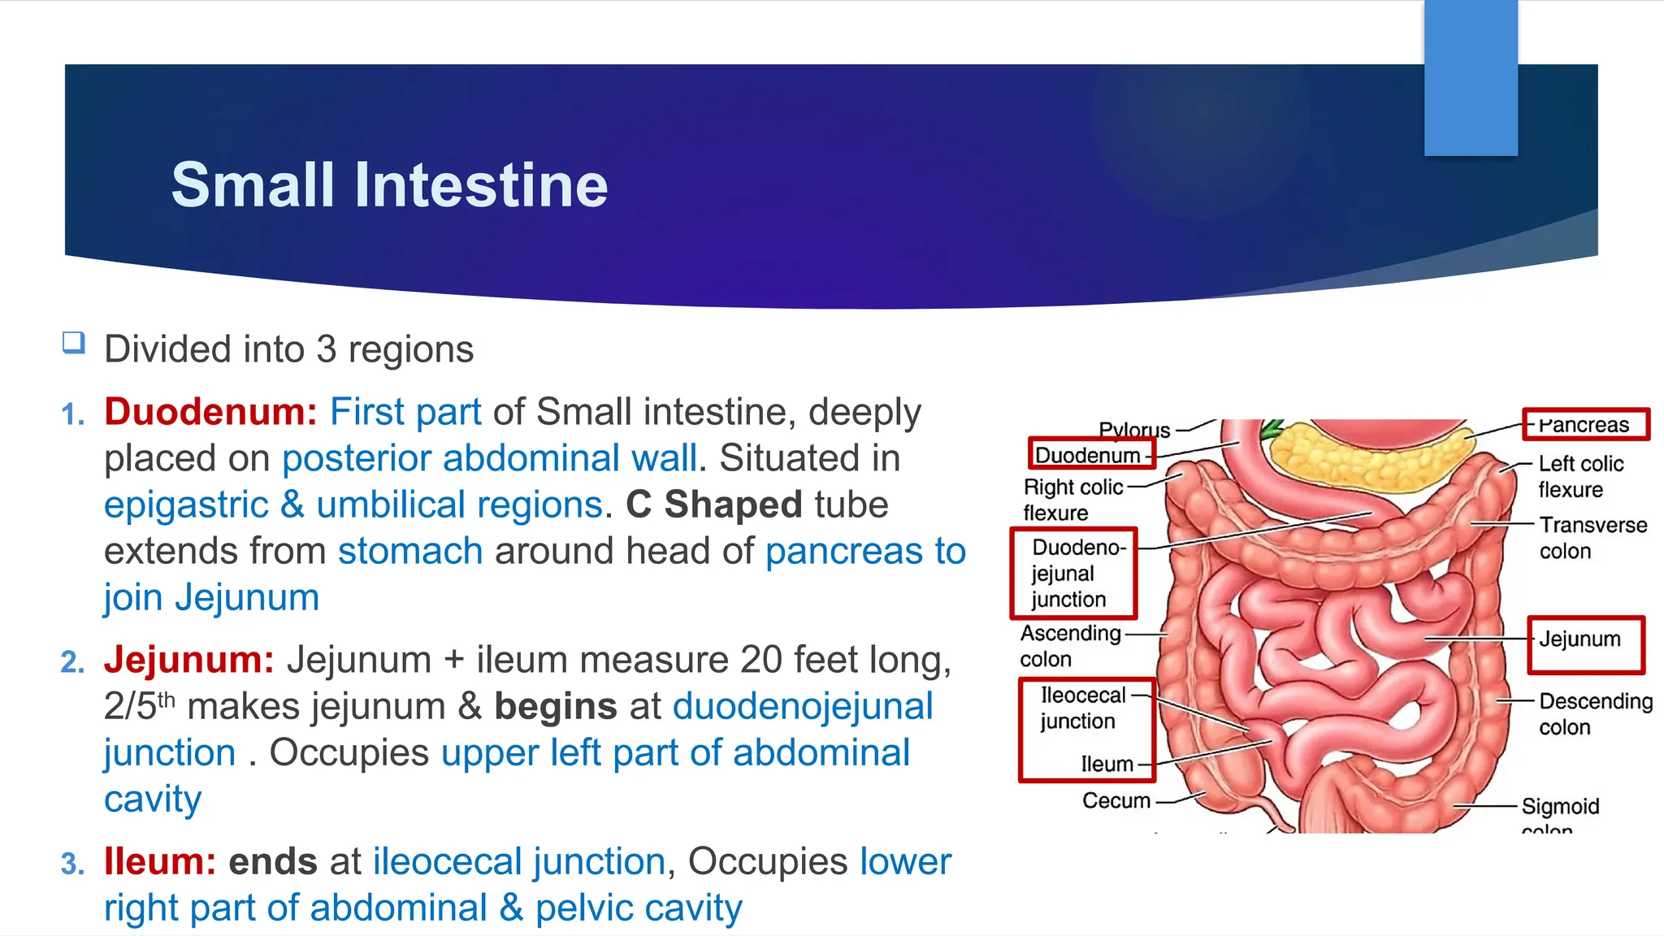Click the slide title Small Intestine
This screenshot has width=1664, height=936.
pos(389,185)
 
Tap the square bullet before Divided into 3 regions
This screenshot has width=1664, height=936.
pos(74,343)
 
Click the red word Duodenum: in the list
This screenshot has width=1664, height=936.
pos(210,412)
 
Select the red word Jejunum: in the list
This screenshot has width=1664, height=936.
pos(188,660)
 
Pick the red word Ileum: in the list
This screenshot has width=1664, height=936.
pos(160,862)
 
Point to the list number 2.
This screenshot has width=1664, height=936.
pos(72,662)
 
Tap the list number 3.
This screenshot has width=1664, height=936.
pos(72,864)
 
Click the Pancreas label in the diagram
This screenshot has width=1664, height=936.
pos(1584,425)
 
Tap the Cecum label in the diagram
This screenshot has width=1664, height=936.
pos(1116,801)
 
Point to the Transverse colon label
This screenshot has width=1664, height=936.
pos(1592,538)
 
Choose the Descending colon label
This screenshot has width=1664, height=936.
pos(1595,714)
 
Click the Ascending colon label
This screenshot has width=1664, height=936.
pos(1070,646)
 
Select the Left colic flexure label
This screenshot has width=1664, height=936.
pos(1580,477)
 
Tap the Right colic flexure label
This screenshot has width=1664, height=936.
pos(1072,500)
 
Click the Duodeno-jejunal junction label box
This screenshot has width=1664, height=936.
pos(1072,573)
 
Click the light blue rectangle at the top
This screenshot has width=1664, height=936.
pos(1471,77)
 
